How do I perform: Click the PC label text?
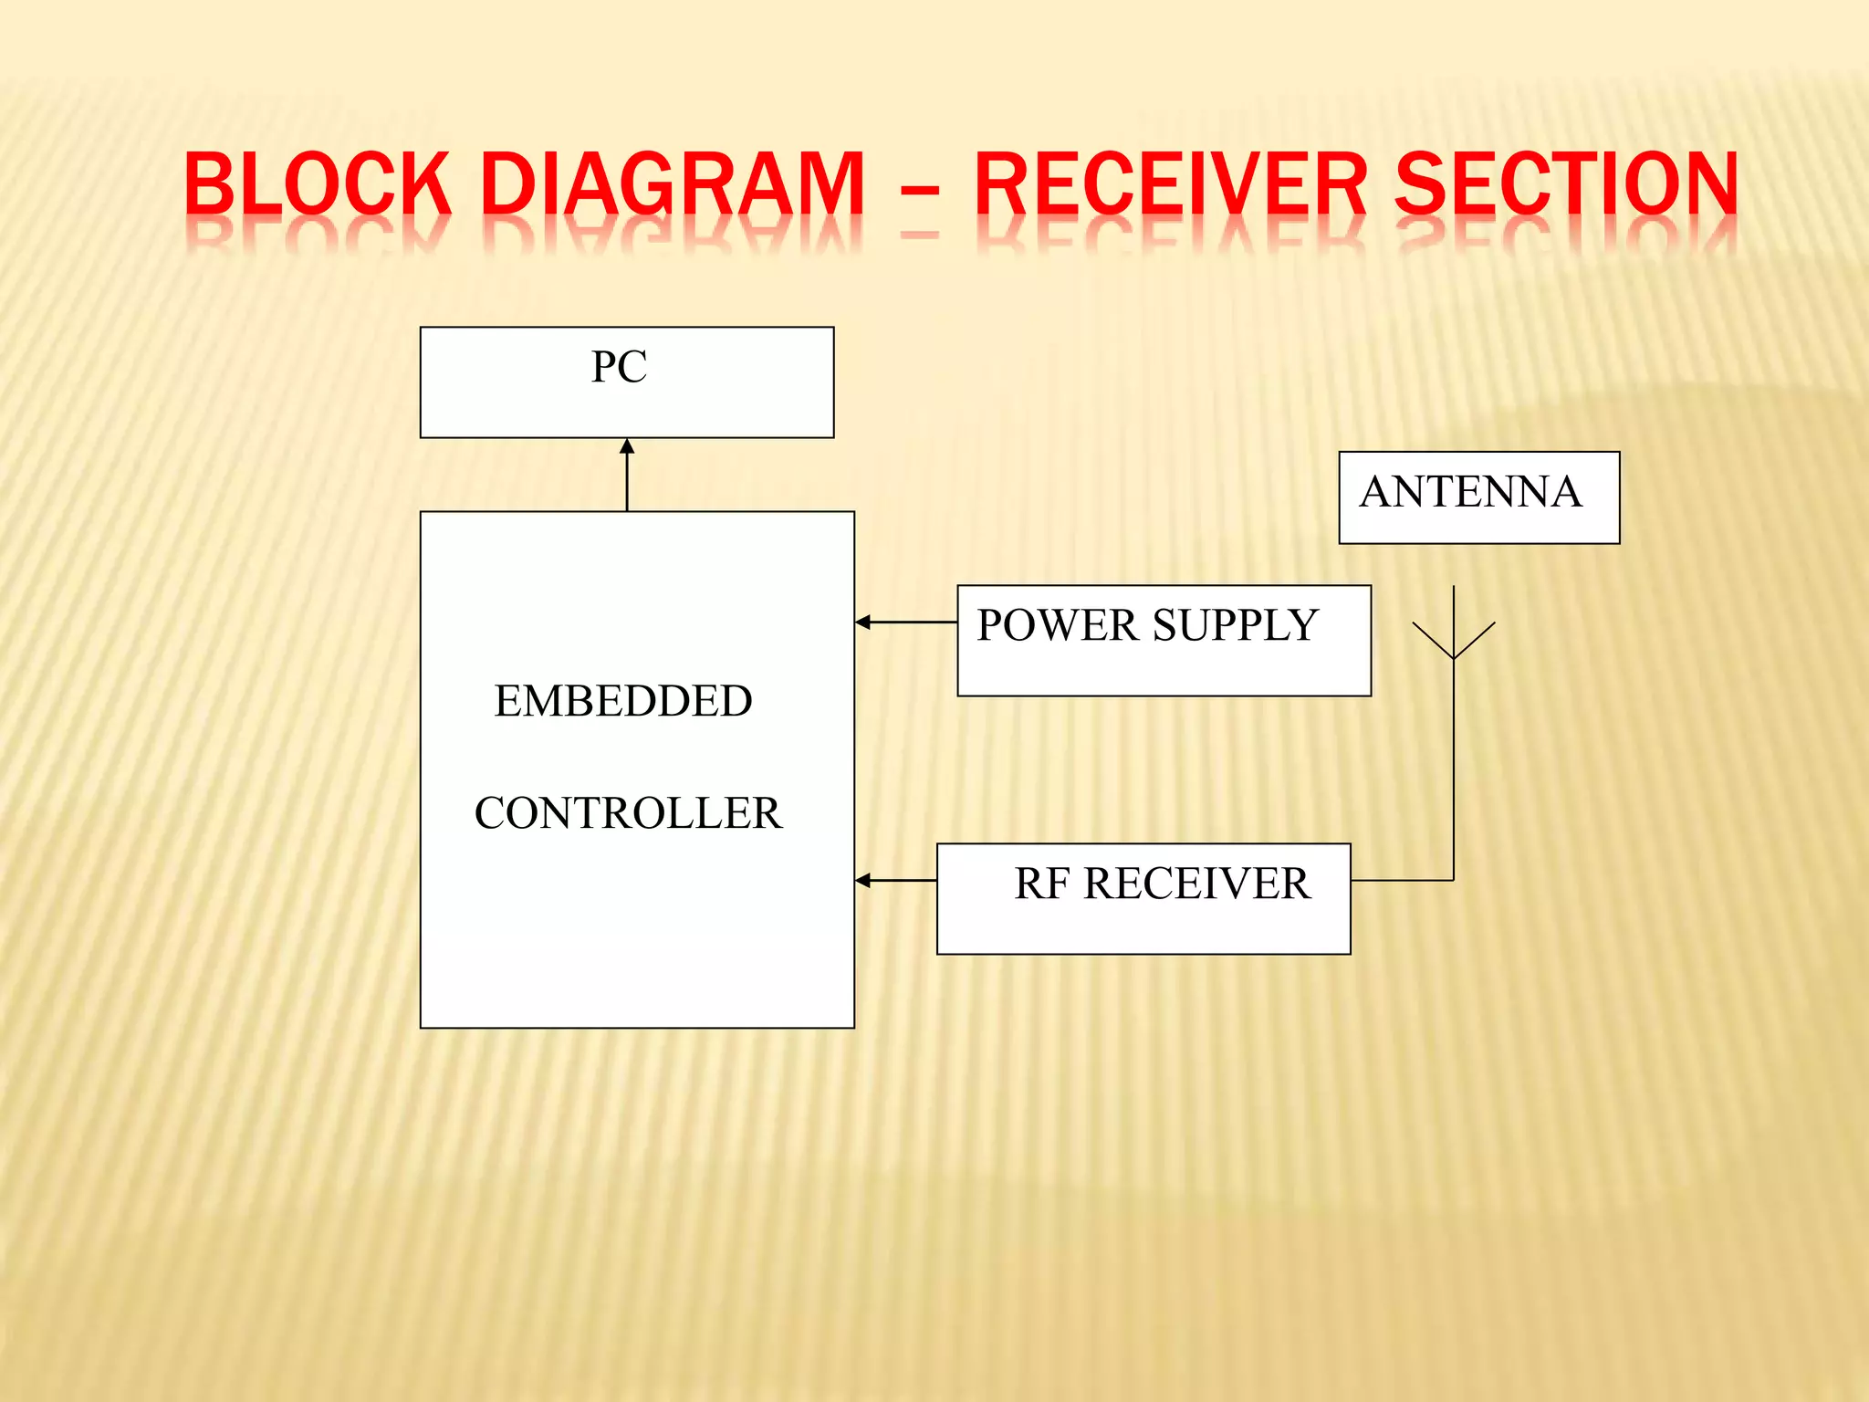click(x=619, y=367)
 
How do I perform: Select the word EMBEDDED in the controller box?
click(x=623, y=701)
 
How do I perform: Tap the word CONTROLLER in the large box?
click(x=628, y=812)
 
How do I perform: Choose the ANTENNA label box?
click(x=1478, y=497)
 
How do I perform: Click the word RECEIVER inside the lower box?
click(x=1196, y=884)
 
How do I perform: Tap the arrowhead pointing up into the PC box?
click(x=627, y=447)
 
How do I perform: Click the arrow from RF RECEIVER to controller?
click(x=895, y=880)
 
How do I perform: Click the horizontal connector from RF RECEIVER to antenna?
click(x=1402, y=880)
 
